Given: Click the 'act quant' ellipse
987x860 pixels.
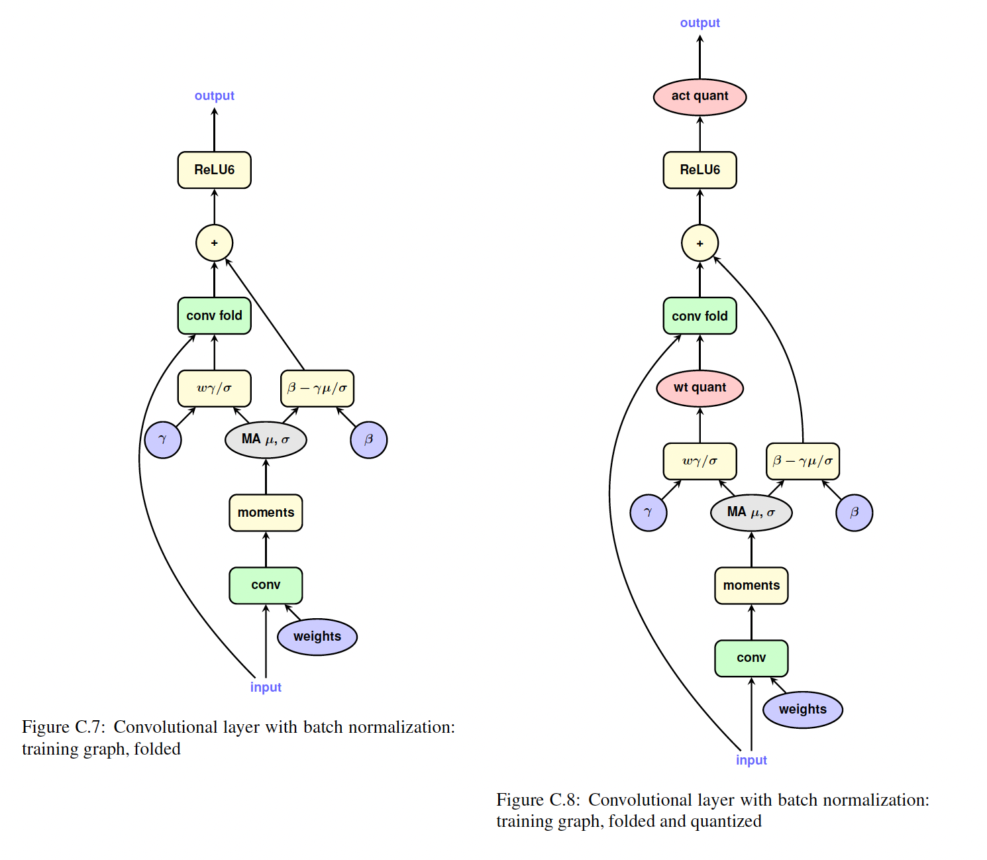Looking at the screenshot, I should [x=700, y=97].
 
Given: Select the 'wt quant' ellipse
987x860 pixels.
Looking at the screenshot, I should [x=700, y=388].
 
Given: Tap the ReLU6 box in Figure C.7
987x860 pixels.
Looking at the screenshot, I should [x=214, y=170].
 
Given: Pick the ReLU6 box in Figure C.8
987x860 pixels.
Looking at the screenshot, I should [x=700, y=170].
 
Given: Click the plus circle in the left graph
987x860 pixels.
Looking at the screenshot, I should [x=214, y=243].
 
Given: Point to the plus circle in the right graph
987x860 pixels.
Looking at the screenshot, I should [x=700, y=243].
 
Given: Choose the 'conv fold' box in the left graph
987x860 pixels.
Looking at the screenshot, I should [x=214, y=316].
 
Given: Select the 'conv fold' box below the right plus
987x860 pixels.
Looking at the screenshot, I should [x=700, y=316].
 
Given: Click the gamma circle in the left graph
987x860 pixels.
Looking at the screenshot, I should [x=163, y=440].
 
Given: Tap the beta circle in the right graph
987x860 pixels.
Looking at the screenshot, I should [x=854, y=513].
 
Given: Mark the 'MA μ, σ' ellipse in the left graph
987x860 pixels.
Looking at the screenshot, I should [x=266, y=440].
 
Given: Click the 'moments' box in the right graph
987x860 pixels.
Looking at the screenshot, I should [x=751, y=586].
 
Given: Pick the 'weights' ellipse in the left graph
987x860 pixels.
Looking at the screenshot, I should [x=317, y=637].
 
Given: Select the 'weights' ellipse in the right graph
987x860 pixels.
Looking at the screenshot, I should [x=802, y=710].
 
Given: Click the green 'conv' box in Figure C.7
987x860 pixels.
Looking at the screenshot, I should [x=266, y=586].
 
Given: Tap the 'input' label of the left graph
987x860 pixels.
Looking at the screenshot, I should [x=266, y=688].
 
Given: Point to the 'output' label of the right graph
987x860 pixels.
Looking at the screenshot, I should [x=700, y=23].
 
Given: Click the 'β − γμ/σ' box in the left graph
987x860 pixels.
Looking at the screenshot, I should [x=317, y=389].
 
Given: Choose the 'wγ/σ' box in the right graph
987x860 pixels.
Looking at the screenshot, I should [x=700, y=461].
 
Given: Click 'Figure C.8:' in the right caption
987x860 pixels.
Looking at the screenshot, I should [x=538, y=800].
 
